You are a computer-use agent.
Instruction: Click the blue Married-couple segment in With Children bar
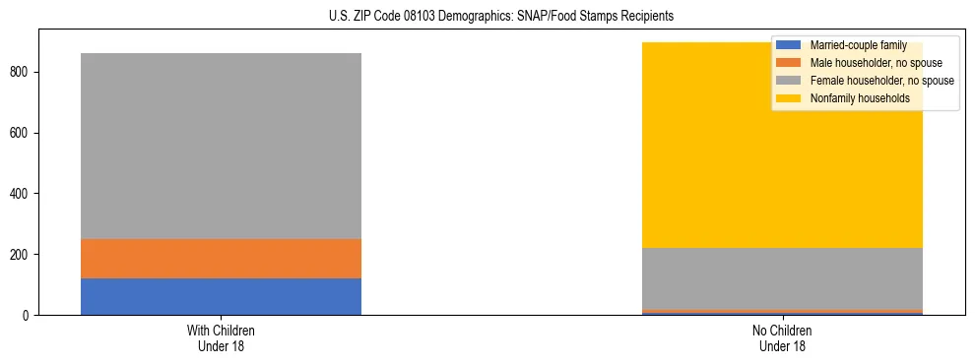pos(221,296)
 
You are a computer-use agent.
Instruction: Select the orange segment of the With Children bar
pos(221,258)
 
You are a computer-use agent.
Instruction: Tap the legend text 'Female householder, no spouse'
pos(881,81)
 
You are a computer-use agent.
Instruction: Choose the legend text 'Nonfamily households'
pos(859,98)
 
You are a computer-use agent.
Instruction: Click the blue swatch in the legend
pos(789,45)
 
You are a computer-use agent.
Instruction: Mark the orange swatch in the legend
pos(789,63)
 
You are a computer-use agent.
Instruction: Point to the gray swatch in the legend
pos(789,81)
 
